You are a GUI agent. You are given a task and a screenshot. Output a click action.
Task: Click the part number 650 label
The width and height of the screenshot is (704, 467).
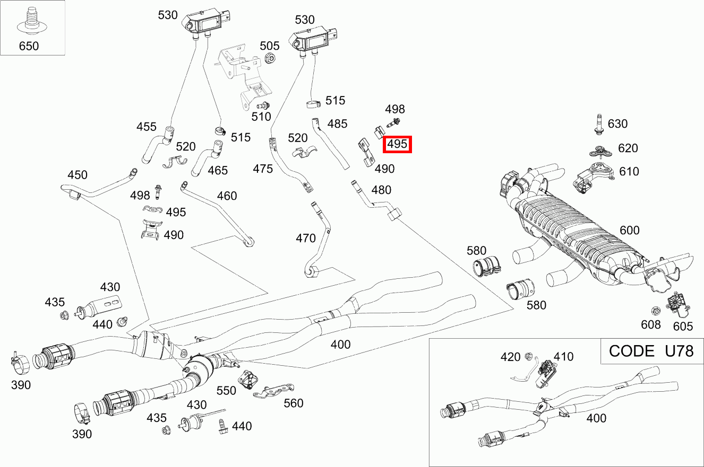[x=29, y=46]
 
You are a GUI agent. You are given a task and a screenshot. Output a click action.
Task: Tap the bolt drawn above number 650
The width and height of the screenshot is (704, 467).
[x=30, y=20]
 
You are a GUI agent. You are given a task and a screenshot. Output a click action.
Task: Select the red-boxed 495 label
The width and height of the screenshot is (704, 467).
[x=397, y=144]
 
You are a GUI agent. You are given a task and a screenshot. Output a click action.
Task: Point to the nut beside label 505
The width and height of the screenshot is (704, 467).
[x=269, y=58]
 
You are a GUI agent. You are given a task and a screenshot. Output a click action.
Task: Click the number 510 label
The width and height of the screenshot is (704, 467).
[x=261, y=117]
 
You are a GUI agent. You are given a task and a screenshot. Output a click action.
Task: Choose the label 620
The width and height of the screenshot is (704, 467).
[x=628, y=148]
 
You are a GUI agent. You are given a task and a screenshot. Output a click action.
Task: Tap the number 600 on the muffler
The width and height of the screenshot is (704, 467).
[x=630, y=231]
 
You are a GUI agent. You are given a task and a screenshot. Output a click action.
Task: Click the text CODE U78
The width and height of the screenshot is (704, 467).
[x=651, y=351]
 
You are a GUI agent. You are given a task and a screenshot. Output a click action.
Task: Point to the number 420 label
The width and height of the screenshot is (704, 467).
[x=510, y=357]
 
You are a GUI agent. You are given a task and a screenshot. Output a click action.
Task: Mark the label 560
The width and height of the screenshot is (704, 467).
[x=293, y=403]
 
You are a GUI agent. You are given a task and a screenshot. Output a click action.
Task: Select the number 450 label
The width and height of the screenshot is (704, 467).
[x=77, y=175]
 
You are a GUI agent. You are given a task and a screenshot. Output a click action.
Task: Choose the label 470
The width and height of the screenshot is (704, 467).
[x=306, y=239]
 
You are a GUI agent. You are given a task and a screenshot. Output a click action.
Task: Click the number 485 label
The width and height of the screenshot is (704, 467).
[x=337, y=124]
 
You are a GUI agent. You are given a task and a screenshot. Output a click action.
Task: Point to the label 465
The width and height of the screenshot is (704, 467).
[x=218, y=170]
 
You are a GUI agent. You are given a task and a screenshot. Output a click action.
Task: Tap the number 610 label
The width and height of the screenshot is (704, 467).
[x=629, y=172]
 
